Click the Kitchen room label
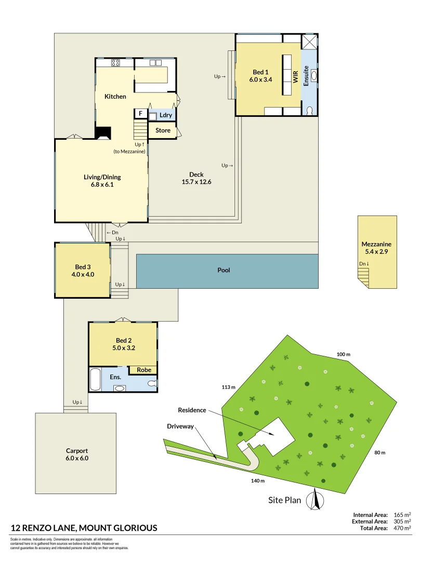tap(115, 97)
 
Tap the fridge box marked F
tap(140, 114)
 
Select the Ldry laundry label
tap(166, 115)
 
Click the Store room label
tap(163, 130)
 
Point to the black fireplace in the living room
tap(103, 133)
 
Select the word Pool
tap(224, 270)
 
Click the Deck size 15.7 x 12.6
tap(196, 182)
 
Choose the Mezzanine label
tap(376, 244)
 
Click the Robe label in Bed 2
tap(144, 370)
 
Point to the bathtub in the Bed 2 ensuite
tap(95, 380)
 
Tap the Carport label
tap(77, 451)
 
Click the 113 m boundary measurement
tap(229, 387)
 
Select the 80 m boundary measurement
tap(379, 452)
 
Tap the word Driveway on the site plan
tap(180, 426)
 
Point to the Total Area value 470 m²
tap(401, 528)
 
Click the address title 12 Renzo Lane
tap(84, 528)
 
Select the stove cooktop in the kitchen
tap(115, 63)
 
